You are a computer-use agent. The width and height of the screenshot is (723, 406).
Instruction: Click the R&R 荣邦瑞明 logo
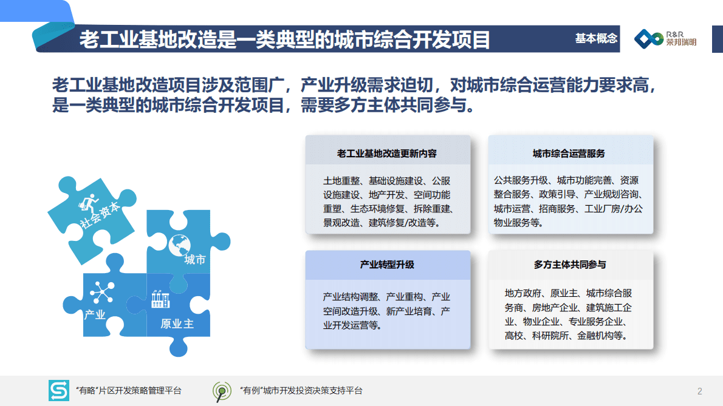665,39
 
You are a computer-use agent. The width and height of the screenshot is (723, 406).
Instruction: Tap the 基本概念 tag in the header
596,39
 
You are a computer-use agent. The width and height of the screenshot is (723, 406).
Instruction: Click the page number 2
700,390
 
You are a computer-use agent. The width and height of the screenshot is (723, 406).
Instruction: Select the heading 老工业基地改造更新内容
387,154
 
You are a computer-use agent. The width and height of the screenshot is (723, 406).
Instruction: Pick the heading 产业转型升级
387,265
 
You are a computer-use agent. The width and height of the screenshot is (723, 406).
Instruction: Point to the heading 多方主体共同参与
570,265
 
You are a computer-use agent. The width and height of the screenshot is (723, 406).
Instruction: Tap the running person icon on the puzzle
89,202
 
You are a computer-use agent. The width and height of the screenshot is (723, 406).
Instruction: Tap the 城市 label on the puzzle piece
195,260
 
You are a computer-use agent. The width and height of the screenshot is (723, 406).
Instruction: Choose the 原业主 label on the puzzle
177,323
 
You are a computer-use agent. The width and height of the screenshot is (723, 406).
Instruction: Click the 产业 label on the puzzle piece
95,314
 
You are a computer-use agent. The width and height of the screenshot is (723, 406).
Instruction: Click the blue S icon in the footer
59,390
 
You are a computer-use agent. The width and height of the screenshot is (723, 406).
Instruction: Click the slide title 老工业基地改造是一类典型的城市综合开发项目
284,40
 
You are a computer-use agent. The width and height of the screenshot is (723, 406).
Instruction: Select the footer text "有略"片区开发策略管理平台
128,391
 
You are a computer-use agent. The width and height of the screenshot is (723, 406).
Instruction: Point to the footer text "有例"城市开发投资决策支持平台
301,391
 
